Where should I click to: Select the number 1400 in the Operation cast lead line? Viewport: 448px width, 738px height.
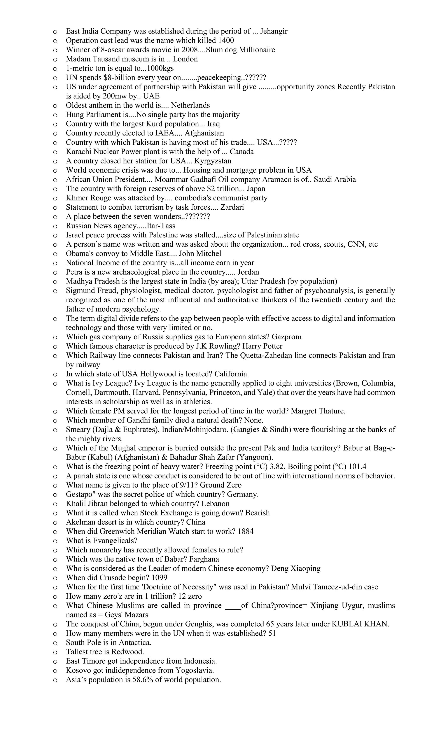(226, 41)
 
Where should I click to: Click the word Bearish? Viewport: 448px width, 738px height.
(257, 513)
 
